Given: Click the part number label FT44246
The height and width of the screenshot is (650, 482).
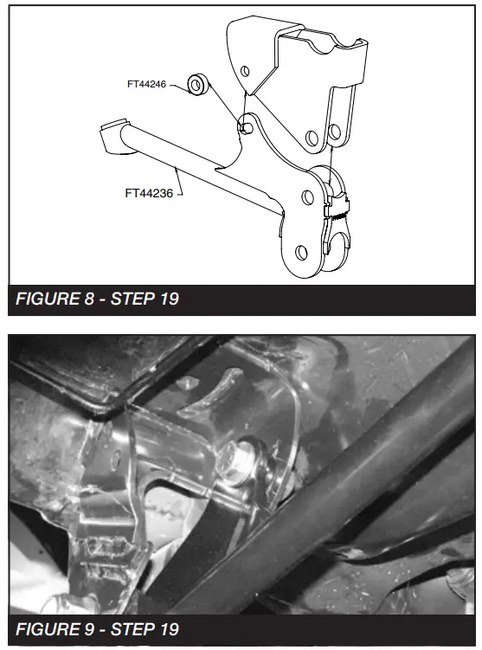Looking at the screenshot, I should [x=144, y=84].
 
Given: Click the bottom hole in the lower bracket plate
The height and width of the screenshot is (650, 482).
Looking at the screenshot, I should [x=300, y=252].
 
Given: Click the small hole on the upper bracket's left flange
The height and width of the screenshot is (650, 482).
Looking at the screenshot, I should [x=246, y=69].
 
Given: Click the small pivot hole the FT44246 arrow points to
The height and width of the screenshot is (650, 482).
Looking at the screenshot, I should [x=247, y=127].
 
